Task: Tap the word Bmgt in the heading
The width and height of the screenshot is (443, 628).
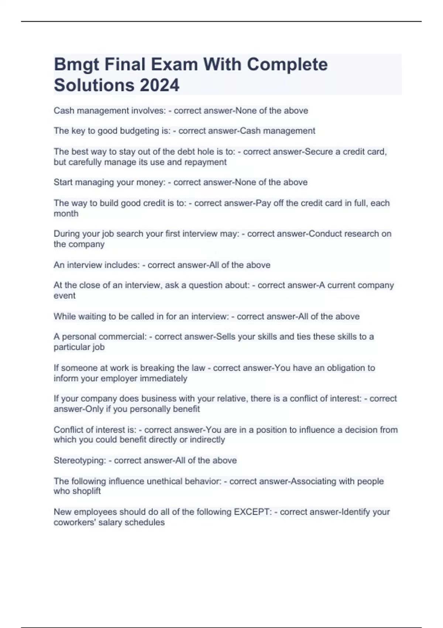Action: [76, 65]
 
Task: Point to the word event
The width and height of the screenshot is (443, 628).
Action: [65, 296]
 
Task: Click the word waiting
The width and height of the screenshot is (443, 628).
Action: [90, 317]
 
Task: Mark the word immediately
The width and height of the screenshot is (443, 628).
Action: [164, 378]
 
